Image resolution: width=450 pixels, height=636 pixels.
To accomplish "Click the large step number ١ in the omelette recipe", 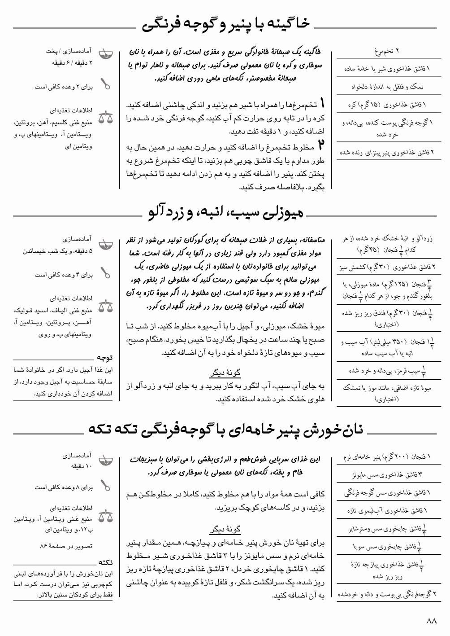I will pyautogui.click(x=322, y=104).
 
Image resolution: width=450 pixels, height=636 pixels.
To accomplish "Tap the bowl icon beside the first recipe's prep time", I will pyautogui.click(x=105, y=55).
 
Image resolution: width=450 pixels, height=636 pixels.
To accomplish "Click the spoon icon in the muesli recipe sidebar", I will pyautogui.click(x=106, y=272).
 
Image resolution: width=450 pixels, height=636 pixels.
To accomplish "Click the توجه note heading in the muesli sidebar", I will pyautogui.click(x=105, y=358).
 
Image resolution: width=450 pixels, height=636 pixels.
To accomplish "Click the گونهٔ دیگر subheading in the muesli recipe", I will pyautogui.click(x=225, y=373).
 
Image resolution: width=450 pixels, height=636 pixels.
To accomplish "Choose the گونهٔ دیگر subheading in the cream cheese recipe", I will pyautogui.click(x=225, y=530).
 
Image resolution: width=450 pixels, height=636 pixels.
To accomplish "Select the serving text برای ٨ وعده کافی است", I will pyautogui.click(x=64, y=487).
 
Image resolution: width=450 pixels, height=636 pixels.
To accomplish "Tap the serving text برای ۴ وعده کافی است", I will pyautogui.click(x=64, y=275).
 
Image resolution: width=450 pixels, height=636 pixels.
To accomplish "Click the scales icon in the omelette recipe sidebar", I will pyautogui.click(x=106, y=118).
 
